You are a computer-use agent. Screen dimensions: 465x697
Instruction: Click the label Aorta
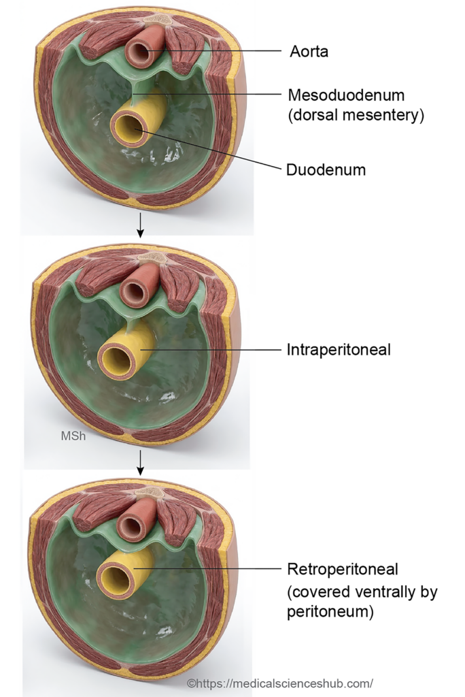(x=309, y=52)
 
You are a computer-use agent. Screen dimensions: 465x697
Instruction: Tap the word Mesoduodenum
(x=346, y=95)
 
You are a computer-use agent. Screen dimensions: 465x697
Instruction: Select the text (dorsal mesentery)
(x=356, y=115)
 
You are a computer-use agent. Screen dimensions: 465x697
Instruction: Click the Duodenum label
(x=326, y=169)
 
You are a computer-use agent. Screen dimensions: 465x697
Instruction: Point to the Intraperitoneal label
(x=339, y=350)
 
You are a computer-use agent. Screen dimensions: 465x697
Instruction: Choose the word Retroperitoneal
(x=343, y=569)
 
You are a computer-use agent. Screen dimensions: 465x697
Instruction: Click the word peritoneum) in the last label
(x=330, y=612)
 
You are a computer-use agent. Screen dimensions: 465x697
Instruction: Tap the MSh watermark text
(x=73, y=436)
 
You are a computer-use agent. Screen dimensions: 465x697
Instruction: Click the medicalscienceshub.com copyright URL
(x=280, y=683)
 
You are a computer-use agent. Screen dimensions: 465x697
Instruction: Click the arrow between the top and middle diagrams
(x=140, y=225)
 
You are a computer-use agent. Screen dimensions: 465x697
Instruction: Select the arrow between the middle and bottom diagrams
(x=140, y=462)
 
